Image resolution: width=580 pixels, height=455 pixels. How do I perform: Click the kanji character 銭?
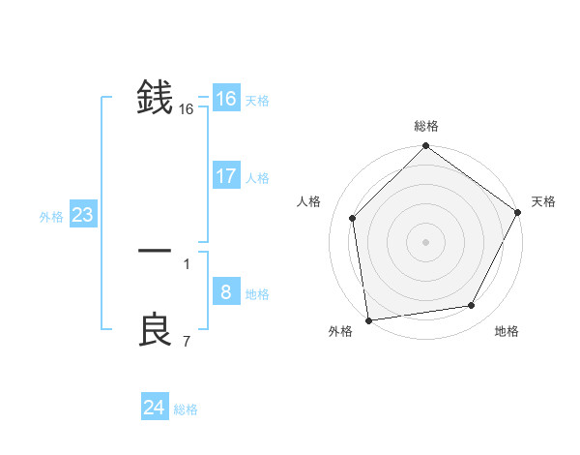(x=155, y=99)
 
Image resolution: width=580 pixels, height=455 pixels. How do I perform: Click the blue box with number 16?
(x=225, y=99)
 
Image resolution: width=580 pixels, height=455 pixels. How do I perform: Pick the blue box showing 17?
(x=225, y=176)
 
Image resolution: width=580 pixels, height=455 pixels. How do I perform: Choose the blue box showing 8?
(x=225, y=292)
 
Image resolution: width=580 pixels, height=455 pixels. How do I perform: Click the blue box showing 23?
(x=82, y=215)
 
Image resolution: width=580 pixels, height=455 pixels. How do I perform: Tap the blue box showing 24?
(x=154, y=408)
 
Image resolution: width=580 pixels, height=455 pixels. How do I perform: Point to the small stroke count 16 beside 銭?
(x=187, y=110)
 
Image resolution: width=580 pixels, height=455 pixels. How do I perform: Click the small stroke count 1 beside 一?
(x=187, y=264)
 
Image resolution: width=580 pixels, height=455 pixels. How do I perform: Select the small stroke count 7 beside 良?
(x=187, y=342)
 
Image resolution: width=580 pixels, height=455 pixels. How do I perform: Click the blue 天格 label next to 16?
(x=257, y=101)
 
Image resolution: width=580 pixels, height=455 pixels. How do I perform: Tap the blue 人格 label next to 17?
(x=257, y=178)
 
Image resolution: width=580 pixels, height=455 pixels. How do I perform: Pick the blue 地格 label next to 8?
(x=257, y=294)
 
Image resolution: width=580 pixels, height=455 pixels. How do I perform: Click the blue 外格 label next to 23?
(x=51, y=217)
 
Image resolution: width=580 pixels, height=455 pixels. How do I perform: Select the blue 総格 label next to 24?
(x=186, y=409)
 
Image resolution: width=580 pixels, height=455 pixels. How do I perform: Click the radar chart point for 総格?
(x=425, y=147)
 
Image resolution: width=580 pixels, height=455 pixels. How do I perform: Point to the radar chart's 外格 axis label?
(x=340, y=331)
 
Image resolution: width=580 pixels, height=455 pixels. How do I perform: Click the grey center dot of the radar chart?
(x=425, y=241)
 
